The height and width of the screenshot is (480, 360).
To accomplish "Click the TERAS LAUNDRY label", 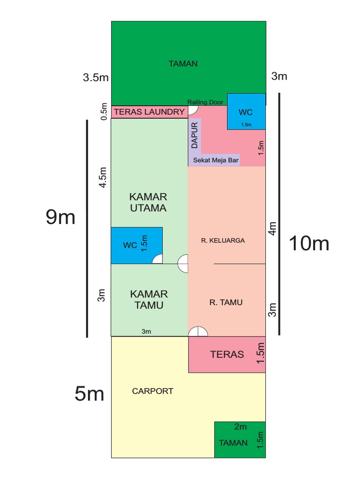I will point(150,112).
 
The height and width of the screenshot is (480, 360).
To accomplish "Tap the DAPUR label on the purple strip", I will point(195,135).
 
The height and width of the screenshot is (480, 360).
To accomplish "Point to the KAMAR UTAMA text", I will point(148,202).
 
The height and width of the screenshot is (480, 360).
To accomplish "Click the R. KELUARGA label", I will point(223,240).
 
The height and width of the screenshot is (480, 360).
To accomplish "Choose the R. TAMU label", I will point(226,302).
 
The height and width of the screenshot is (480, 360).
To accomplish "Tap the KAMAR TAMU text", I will point(149,300).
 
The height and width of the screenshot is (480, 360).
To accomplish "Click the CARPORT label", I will point(153,391).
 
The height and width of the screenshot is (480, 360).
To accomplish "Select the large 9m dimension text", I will point(60,217).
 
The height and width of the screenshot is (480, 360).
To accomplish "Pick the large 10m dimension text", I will point(309,243).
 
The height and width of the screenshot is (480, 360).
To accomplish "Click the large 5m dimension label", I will point(89,394).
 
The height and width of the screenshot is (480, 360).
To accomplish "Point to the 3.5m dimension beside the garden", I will point(96,78).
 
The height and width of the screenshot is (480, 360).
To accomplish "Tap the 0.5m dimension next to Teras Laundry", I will point(104,112).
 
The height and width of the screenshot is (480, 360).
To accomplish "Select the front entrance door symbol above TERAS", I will point(198,331).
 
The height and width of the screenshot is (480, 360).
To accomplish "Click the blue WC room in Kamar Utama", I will point(136,245).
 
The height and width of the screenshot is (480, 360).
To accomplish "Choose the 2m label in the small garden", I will point(240,427).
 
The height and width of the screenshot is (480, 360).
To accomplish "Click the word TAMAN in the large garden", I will point(183,64).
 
